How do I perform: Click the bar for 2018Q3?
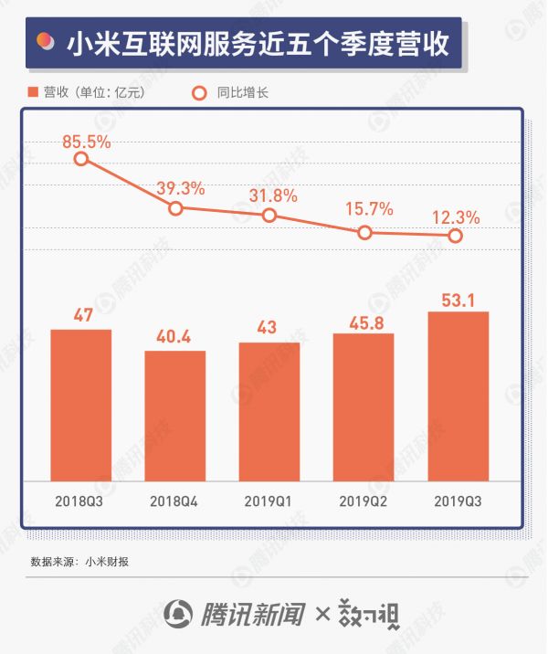80,405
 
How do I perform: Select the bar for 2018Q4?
174,416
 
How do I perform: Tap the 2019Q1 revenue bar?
269,411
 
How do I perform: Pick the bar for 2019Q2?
364,406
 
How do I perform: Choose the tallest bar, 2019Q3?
458,396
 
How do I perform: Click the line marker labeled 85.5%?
81,159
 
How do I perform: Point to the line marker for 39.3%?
176,208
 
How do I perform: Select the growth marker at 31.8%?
269,216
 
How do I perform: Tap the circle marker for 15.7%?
364,232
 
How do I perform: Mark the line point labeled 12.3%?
456,236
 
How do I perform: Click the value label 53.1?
458,298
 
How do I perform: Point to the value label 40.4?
174,337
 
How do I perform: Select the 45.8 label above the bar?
364,321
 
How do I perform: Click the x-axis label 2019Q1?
269,501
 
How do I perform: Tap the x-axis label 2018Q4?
174,501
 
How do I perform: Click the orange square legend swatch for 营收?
35,92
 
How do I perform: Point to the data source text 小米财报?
107,560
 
